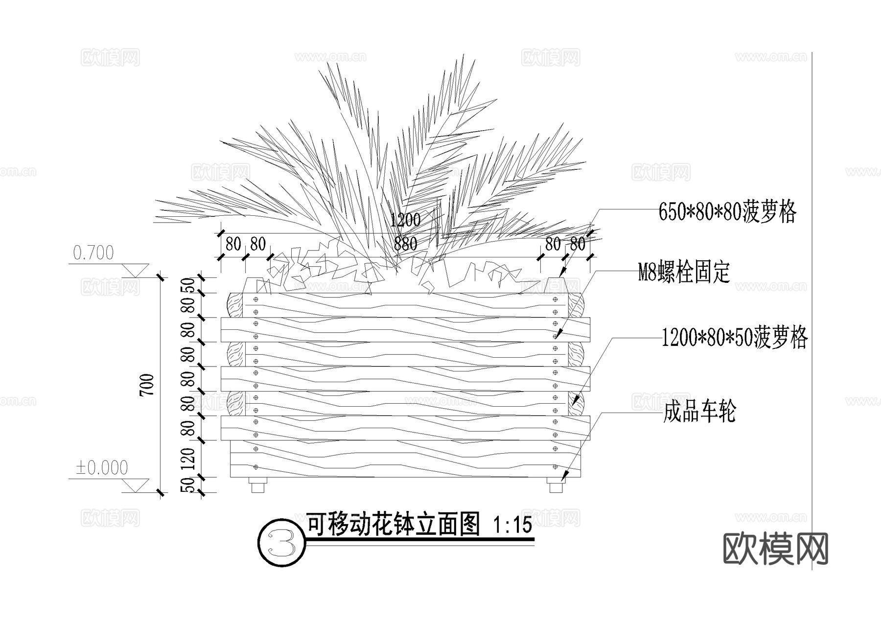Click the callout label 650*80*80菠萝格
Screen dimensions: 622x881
click(727, 212)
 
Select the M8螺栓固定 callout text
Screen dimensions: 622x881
click(684, 273)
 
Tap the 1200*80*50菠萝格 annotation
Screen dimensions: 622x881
click(734, 337)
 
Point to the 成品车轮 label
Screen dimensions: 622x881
click(699, 412)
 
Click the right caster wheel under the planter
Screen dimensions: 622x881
click(556, 487)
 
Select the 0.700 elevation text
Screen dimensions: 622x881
click(93, 253)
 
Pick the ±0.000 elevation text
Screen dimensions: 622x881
click(102, 468)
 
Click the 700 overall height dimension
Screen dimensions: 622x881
click(147, 385)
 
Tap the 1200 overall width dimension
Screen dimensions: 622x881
click(405, 220)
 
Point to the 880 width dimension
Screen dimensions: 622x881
click(405, 243)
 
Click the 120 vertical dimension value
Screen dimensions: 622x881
click(188, 459)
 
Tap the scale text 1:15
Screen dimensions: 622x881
click(512, 526)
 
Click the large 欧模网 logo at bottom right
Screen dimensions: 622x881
click(775, 549)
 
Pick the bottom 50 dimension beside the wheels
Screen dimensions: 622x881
click(188, 485)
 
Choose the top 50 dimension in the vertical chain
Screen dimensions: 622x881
click(188, 285)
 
